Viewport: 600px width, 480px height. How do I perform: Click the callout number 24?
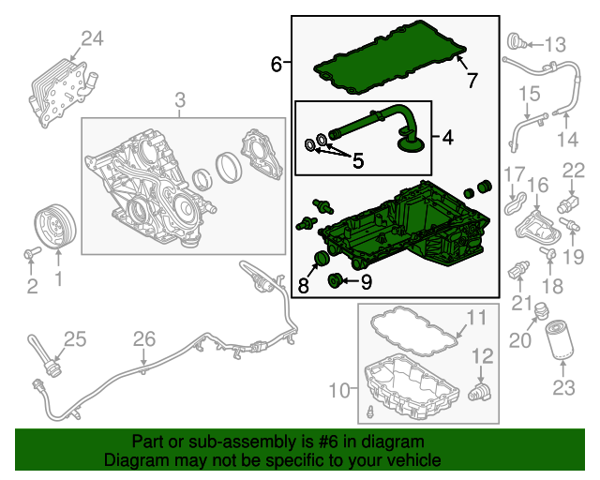[92, 38]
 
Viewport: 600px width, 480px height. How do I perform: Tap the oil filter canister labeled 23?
[559, 340]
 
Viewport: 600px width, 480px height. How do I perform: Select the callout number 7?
[472, 80]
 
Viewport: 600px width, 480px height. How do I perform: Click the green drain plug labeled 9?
[335, 281]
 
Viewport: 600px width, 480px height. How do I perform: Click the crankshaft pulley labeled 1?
[55, 226]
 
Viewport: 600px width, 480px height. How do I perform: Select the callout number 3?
[180, 100]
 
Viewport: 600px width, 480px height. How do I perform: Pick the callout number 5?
[358, 160]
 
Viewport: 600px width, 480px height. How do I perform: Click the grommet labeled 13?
[517, 42]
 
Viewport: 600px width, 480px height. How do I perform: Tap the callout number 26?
[144, 339]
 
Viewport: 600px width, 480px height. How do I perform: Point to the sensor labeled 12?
[480, 392]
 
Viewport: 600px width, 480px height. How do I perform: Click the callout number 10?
[339, 390]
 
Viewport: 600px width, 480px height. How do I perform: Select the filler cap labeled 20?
[541, 311]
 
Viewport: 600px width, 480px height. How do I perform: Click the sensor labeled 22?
[568, 203]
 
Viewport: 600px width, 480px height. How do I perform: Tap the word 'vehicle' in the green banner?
[412, 459]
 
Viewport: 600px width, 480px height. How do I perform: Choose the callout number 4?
[448, 137]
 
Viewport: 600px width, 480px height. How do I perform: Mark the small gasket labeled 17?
[515, 202]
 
